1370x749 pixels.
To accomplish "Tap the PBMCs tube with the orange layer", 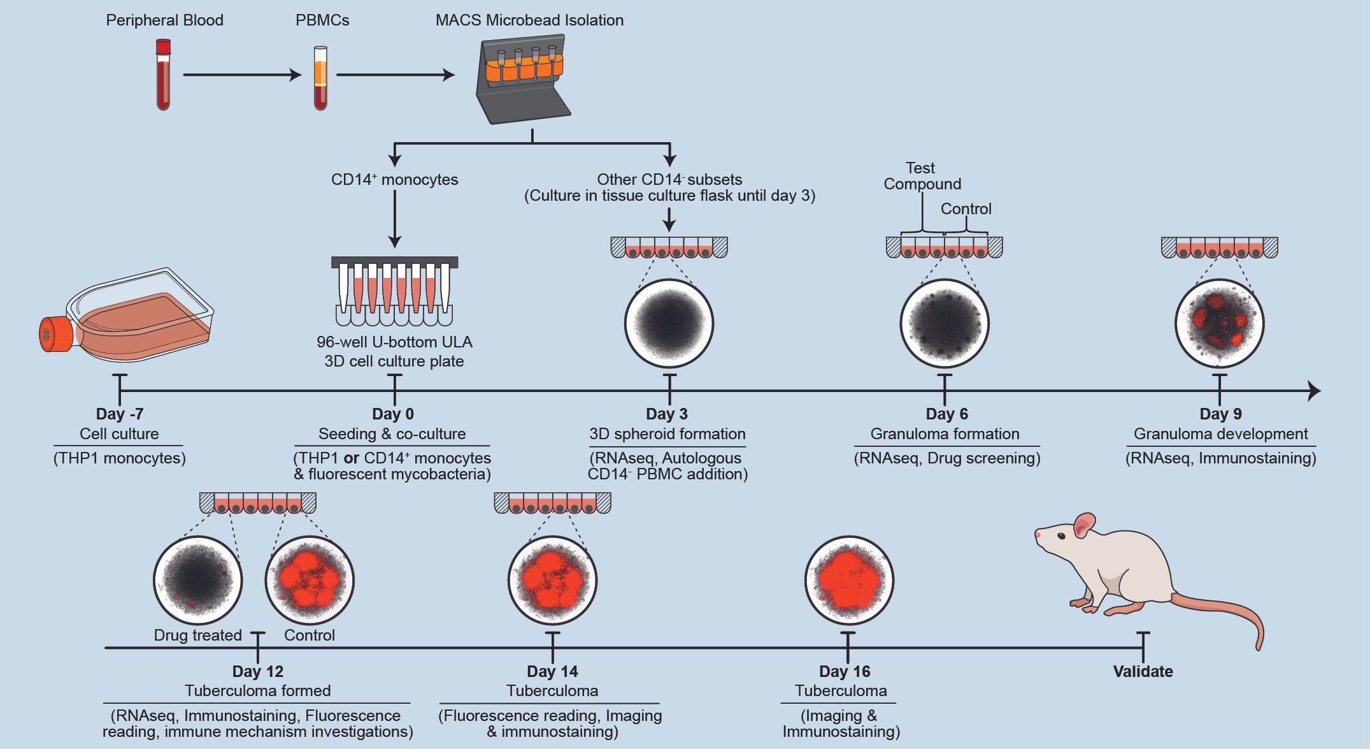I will pos(320,78).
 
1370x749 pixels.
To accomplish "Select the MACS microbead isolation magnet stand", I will pos(522,79).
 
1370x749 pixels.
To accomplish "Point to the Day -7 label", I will pos(120,414).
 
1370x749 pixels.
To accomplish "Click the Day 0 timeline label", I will pos(393,414).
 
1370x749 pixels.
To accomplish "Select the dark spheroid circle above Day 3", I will pos(669,323).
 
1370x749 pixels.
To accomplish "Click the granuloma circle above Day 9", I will pos(1219,323).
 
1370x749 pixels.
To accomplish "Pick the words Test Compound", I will pos(922,176).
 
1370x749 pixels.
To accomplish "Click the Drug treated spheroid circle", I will pos(198,580).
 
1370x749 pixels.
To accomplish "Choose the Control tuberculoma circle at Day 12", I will pos(310,580).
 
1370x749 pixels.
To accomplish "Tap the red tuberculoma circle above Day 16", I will pos(849,580).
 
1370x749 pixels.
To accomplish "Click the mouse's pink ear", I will pos(1083,526).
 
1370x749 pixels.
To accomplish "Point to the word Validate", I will pos(1143,671).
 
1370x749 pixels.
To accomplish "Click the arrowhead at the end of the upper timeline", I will pos(1314,391).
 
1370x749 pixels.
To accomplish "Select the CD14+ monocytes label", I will pos(394,180).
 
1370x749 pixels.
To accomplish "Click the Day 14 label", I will pos(552,671).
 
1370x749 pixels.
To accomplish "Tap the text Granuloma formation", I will pos(945,434).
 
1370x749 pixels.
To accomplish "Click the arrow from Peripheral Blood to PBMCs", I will pos(242,75).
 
